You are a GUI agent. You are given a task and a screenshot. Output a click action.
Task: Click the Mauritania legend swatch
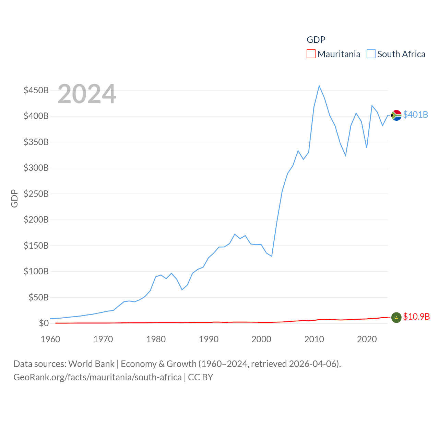point(311,54)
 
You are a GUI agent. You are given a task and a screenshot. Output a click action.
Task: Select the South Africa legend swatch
point(371,54)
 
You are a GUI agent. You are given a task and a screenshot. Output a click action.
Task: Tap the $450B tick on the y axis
point(36,90)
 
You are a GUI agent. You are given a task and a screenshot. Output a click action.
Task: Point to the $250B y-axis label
point(36,194)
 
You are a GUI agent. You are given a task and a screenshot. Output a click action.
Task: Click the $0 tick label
point(44,323)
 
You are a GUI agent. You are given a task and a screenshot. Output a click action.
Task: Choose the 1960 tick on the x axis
point(50,339)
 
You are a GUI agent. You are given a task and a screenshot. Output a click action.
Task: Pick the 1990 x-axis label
point(209,339)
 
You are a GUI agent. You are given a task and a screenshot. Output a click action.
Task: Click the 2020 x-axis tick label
point(367,339)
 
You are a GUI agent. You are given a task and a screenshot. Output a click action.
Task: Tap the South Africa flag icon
point(396,115)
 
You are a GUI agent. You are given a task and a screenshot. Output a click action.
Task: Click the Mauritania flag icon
point(396,318)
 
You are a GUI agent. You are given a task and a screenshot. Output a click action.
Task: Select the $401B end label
point(415,115)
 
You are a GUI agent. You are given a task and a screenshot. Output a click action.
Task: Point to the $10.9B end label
point(416,317)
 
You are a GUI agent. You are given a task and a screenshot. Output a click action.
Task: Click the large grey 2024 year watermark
point(87,94)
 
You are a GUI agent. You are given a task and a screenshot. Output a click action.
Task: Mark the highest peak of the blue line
point(319,86)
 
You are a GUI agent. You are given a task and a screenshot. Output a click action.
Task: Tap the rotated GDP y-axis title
point(14,198)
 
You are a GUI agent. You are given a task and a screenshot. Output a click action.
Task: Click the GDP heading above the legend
point(316,40)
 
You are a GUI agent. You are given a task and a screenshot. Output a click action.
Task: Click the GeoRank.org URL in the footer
point(97,377)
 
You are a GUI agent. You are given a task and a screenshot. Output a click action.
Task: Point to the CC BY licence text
point(201,377)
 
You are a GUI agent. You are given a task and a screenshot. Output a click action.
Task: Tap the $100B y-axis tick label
point(36,271)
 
